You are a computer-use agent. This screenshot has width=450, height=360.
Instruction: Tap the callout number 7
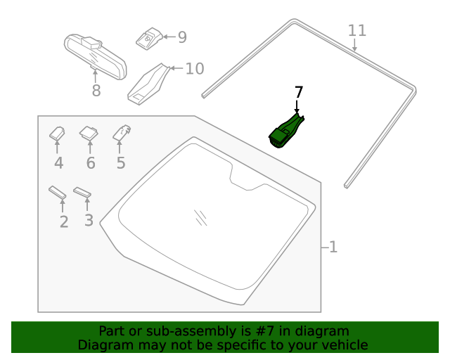(x=298, y=93)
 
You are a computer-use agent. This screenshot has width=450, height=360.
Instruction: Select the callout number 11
(x=357, y=31)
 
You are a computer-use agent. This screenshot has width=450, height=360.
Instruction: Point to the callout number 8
(x=96, y=91)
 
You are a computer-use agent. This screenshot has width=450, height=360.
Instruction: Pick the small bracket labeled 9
(x=148, y=38)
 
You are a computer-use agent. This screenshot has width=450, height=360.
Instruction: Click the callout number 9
(x=181, y=37)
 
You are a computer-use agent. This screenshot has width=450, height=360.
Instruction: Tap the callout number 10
(x=194, y=68)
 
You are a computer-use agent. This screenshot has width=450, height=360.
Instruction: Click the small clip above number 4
(x=58, y=132)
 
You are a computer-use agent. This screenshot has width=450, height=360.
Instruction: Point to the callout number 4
(x=58, y=163)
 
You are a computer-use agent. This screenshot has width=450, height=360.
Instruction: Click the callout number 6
(x=91, y=163)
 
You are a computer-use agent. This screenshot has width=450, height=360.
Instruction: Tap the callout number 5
(x=121, y=163)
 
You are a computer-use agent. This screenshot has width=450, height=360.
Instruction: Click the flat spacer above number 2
(x=58, y=192)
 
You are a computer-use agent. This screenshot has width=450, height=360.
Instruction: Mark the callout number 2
(x=64, y=222)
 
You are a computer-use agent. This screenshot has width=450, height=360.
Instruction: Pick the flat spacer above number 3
(x=83, y=192)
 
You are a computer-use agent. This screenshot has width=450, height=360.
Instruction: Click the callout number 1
(x=333, y=247)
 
